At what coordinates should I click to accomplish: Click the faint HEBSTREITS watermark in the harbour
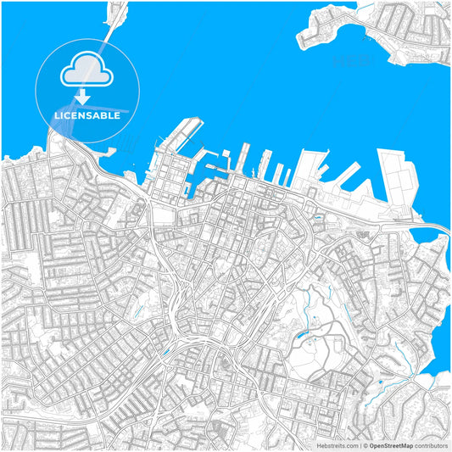[350, 61]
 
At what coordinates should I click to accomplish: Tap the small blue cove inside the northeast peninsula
[366, 35]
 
